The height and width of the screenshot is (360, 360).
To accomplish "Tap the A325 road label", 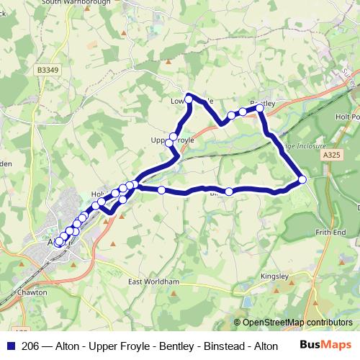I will (x=332, y=155).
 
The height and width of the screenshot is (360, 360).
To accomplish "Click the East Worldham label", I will (x=153, y=282).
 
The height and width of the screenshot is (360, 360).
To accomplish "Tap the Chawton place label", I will (x=32, y=293).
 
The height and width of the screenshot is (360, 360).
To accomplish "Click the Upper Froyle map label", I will (x=173, y=141).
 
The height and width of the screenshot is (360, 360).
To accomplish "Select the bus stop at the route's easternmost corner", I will (x=302, y=179).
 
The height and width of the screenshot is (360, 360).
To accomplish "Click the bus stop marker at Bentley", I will (x=260, y=109).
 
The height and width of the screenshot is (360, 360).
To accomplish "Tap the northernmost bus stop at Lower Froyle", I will (x=189, y=98).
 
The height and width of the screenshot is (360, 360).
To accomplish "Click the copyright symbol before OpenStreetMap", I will (x=237, y=323).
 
